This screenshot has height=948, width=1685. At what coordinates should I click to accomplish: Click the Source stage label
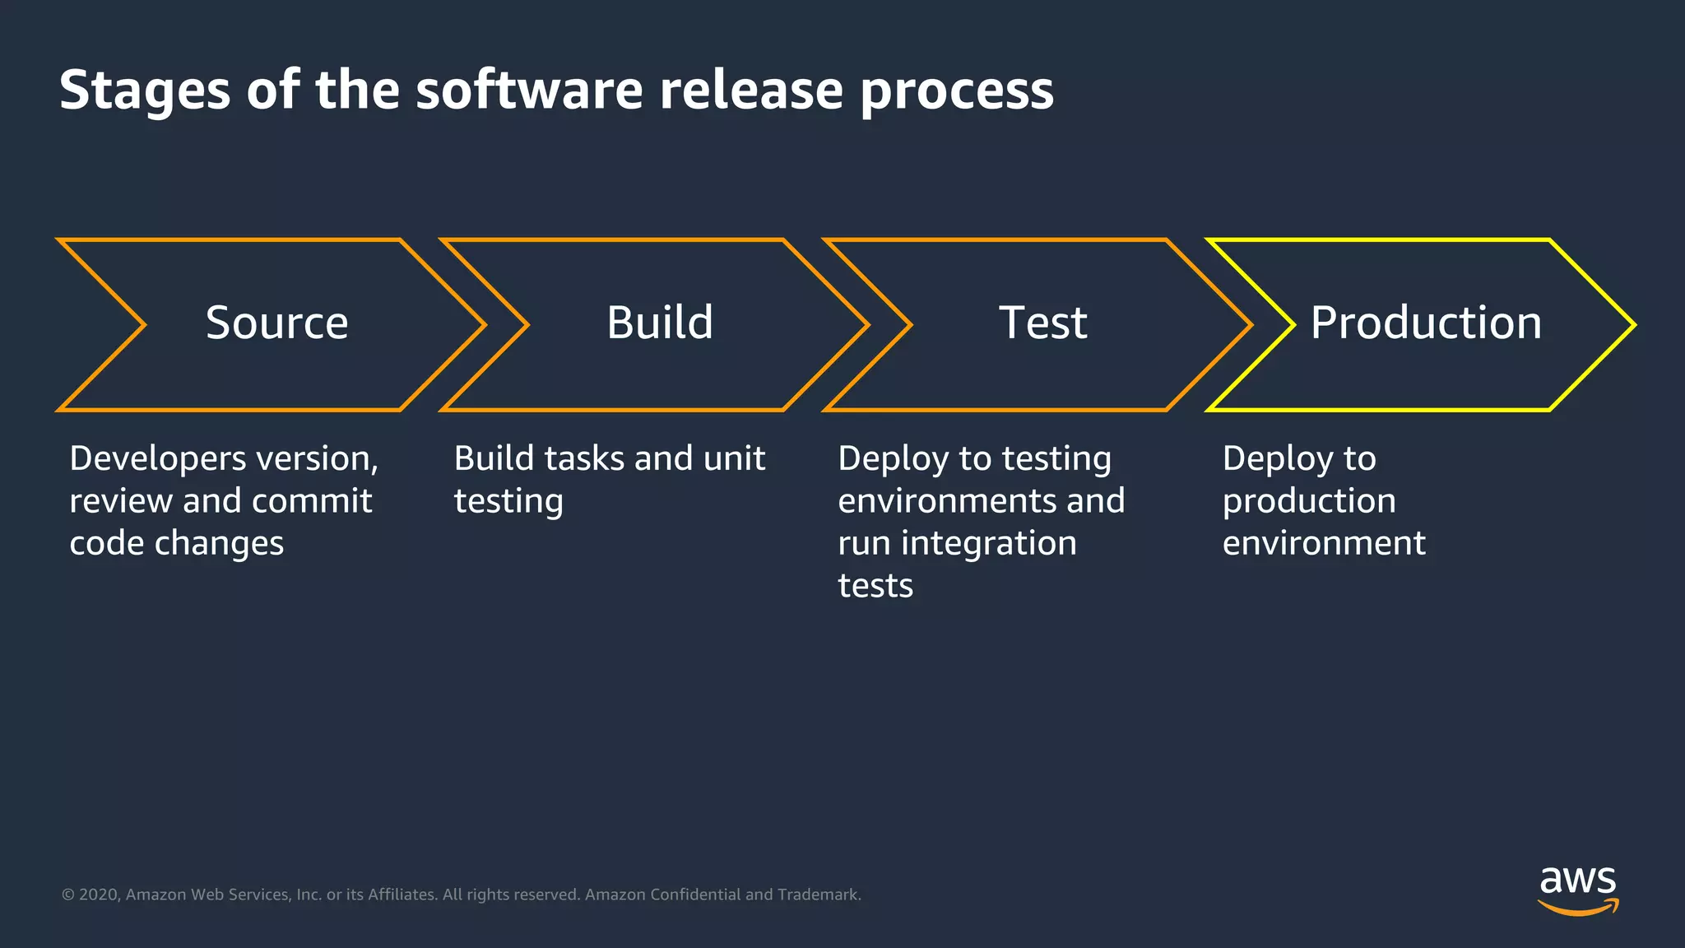[x=276, y=323]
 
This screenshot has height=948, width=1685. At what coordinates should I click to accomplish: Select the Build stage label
[x=660, y=323]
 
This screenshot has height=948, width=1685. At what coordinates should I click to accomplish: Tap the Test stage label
[x=1042, y=323]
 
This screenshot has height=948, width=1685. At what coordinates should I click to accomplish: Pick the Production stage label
[x=1426, y=323]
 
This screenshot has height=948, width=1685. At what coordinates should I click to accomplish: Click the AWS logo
[x=1577, y=890]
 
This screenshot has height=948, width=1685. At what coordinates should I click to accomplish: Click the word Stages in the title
[x=144, y=91]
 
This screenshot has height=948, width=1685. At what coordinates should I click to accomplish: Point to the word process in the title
[x=956, y=91]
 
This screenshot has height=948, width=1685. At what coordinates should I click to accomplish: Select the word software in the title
[x=529, y=91]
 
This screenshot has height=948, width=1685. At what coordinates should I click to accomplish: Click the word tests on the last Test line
[x=875, y=586]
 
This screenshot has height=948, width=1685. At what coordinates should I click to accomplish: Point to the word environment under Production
[x=1324, y=544]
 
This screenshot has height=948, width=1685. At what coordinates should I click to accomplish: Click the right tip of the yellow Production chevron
[x=1632, y=325]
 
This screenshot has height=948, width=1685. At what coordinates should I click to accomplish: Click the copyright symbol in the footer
[x=68, y=895]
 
